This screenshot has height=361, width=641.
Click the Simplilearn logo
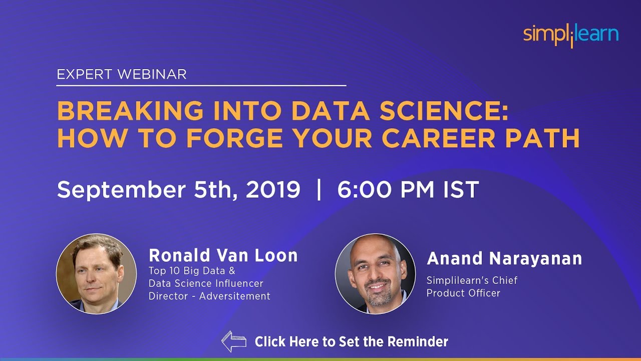click(571, 35)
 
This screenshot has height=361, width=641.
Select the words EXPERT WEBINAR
click(122, 75)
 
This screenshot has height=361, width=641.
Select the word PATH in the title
click(544, 138)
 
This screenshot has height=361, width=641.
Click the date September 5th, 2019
click(178, 190)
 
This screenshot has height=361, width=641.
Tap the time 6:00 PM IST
click(408, 190)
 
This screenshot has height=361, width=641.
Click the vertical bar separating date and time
click(319, 190)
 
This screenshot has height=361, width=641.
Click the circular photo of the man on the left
click(96, 273)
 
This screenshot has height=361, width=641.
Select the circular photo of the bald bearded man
click(375, 273)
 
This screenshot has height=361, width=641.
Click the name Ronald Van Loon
click(223, 256)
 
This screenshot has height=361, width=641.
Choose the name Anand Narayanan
click(504, 259)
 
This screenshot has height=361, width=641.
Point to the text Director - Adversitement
click(209, 296)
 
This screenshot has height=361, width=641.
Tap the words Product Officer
click(463, 293)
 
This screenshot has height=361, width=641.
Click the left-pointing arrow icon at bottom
click(234, 341)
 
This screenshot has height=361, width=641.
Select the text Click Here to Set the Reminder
click(351, 342)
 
